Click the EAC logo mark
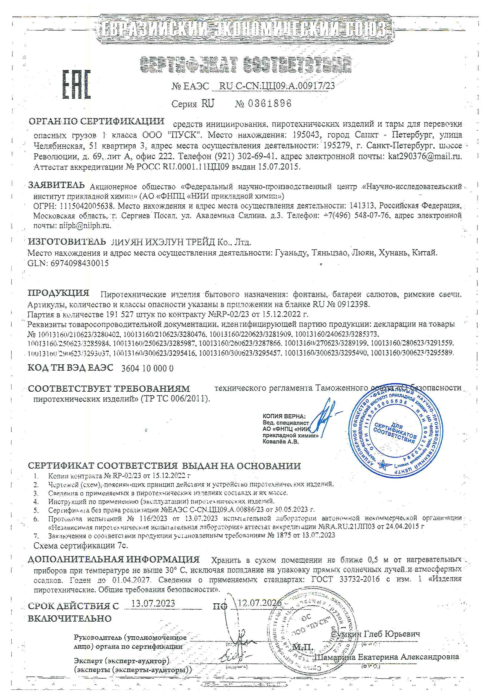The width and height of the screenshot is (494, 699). click(x=77, y=85)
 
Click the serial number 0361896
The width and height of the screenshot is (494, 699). click(x=270, y=103)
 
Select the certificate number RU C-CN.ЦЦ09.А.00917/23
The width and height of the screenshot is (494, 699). click(x=277, y=86)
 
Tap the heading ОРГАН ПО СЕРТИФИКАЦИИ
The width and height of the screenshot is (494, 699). click(x=96, y=121)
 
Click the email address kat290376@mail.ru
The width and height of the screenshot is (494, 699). click(x=425, y=156)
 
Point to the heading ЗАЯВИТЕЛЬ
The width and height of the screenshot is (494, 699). click(x=56, y=185)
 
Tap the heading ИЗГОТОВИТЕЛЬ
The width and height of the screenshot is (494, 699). click(x=67, y=242)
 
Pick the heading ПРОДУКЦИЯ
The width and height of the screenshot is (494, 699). click(x=59, y=293)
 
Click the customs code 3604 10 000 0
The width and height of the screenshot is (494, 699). click(x=147, y=368)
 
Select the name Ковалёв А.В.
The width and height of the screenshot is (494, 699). click(x=281, y=442)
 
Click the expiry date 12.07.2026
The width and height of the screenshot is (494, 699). click(x=259, y=602)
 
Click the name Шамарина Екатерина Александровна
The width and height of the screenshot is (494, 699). click(x=386, y=657)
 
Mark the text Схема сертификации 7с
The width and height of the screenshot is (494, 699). click(x=81, y=546)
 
